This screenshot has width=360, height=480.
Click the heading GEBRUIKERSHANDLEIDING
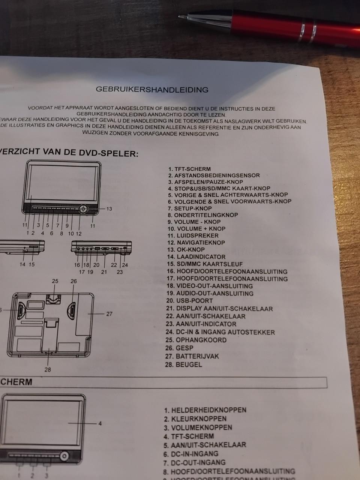[152, 90]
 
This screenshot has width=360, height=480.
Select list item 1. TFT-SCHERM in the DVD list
[189, 169]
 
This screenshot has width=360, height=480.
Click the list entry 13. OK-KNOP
[186, 250]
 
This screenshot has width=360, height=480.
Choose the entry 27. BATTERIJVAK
[192, 356]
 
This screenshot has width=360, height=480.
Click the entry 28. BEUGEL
[183, 364]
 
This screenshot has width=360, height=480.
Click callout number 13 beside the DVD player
[109, 209]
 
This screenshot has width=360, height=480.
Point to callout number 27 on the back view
[109, 314]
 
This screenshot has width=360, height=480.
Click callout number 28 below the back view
[48, 370]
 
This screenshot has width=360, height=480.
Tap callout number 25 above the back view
[55, 281]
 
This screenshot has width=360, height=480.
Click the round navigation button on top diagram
[83, 209]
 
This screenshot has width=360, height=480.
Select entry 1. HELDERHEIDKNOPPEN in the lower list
[205, 410]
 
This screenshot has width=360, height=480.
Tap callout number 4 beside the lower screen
[100, 424]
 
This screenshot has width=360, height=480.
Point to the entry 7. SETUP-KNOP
[190, 208]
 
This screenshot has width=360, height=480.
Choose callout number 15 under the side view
[31, 264]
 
